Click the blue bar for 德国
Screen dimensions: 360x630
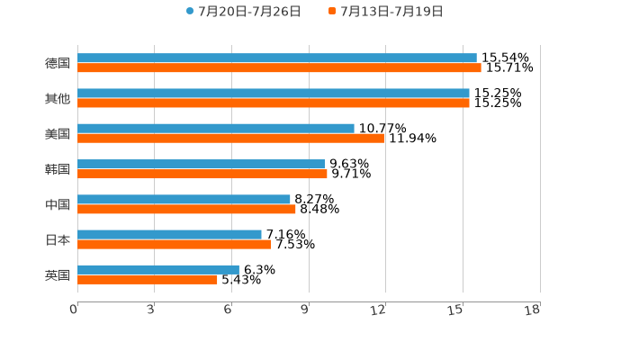click(x=277, y=58)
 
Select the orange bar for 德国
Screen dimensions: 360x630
click(x=279, y=67)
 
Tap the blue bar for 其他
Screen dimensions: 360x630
click(x=274, y=93)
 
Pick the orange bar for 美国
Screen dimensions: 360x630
click(x=230, y=138)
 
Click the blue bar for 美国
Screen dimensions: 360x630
click(x=216, y=128)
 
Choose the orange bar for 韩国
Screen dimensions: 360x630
click(x=202, y=174)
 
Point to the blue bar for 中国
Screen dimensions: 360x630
click(x=184, y=199)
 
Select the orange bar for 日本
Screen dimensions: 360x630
click(x=175, y=244)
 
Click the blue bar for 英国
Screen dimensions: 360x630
click(x=158, y=269)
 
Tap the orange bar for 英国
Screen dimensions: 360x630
click(x=148, y=279)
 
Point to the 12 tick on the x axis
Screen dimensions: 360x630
click(x=379, y=310)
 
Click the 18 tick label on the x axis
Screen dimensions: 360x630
click(x=533, y=310)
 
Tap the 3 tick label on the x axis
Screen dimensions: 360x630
click(x=151, y=310)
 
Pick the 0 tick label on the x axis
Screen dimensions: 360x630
click(x=74, y=310)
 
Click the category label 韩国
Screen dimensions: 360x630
click(x=58, y=169)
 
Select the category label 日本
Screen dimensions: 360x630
click(x=58, y=239)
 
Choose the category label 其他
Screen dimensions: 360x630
click(x=58, y=98)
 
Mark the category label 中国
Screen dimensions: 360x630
click(x=58, y=204)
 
